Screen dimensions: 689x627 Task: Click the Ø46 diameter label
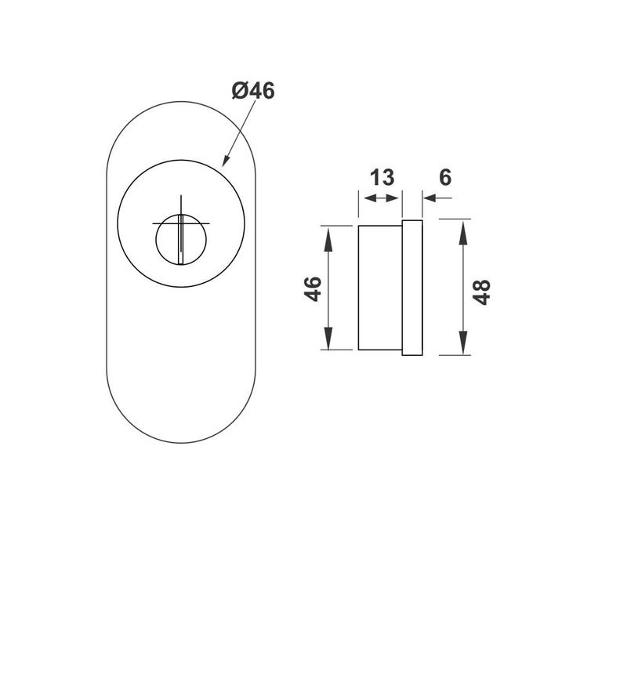click(253, 91)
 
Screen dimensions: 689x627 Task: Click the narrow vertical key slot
click(181, 239)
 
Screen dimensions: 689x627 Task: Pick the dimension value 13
click(382, 177)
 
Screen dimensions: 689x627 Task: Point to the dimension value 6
click(445, 177)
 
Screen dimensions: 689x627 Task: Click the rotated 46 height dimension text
click(313, 288)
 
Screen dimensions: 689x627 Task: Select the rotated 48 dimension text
click(482, 291)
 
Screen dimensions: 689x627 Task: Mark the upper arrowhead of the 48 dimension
click(464, 230)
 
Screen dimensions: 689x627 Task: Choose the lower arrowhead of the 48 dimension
click(464, 343)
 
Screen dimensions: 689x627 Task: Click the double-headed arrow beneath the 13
click(381, 199)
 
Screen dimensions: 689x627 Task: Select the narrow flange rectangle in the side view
click(412, 288)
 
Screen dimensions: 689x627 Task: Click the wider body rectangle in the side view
click(380, 288)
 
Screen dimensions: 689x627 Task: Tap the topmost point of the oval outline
click(181, 100)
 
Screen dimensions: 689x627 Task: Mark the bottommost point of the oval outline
click(181, 444)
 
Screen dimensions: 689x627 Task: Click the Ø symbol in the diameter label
click(241, 91)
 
